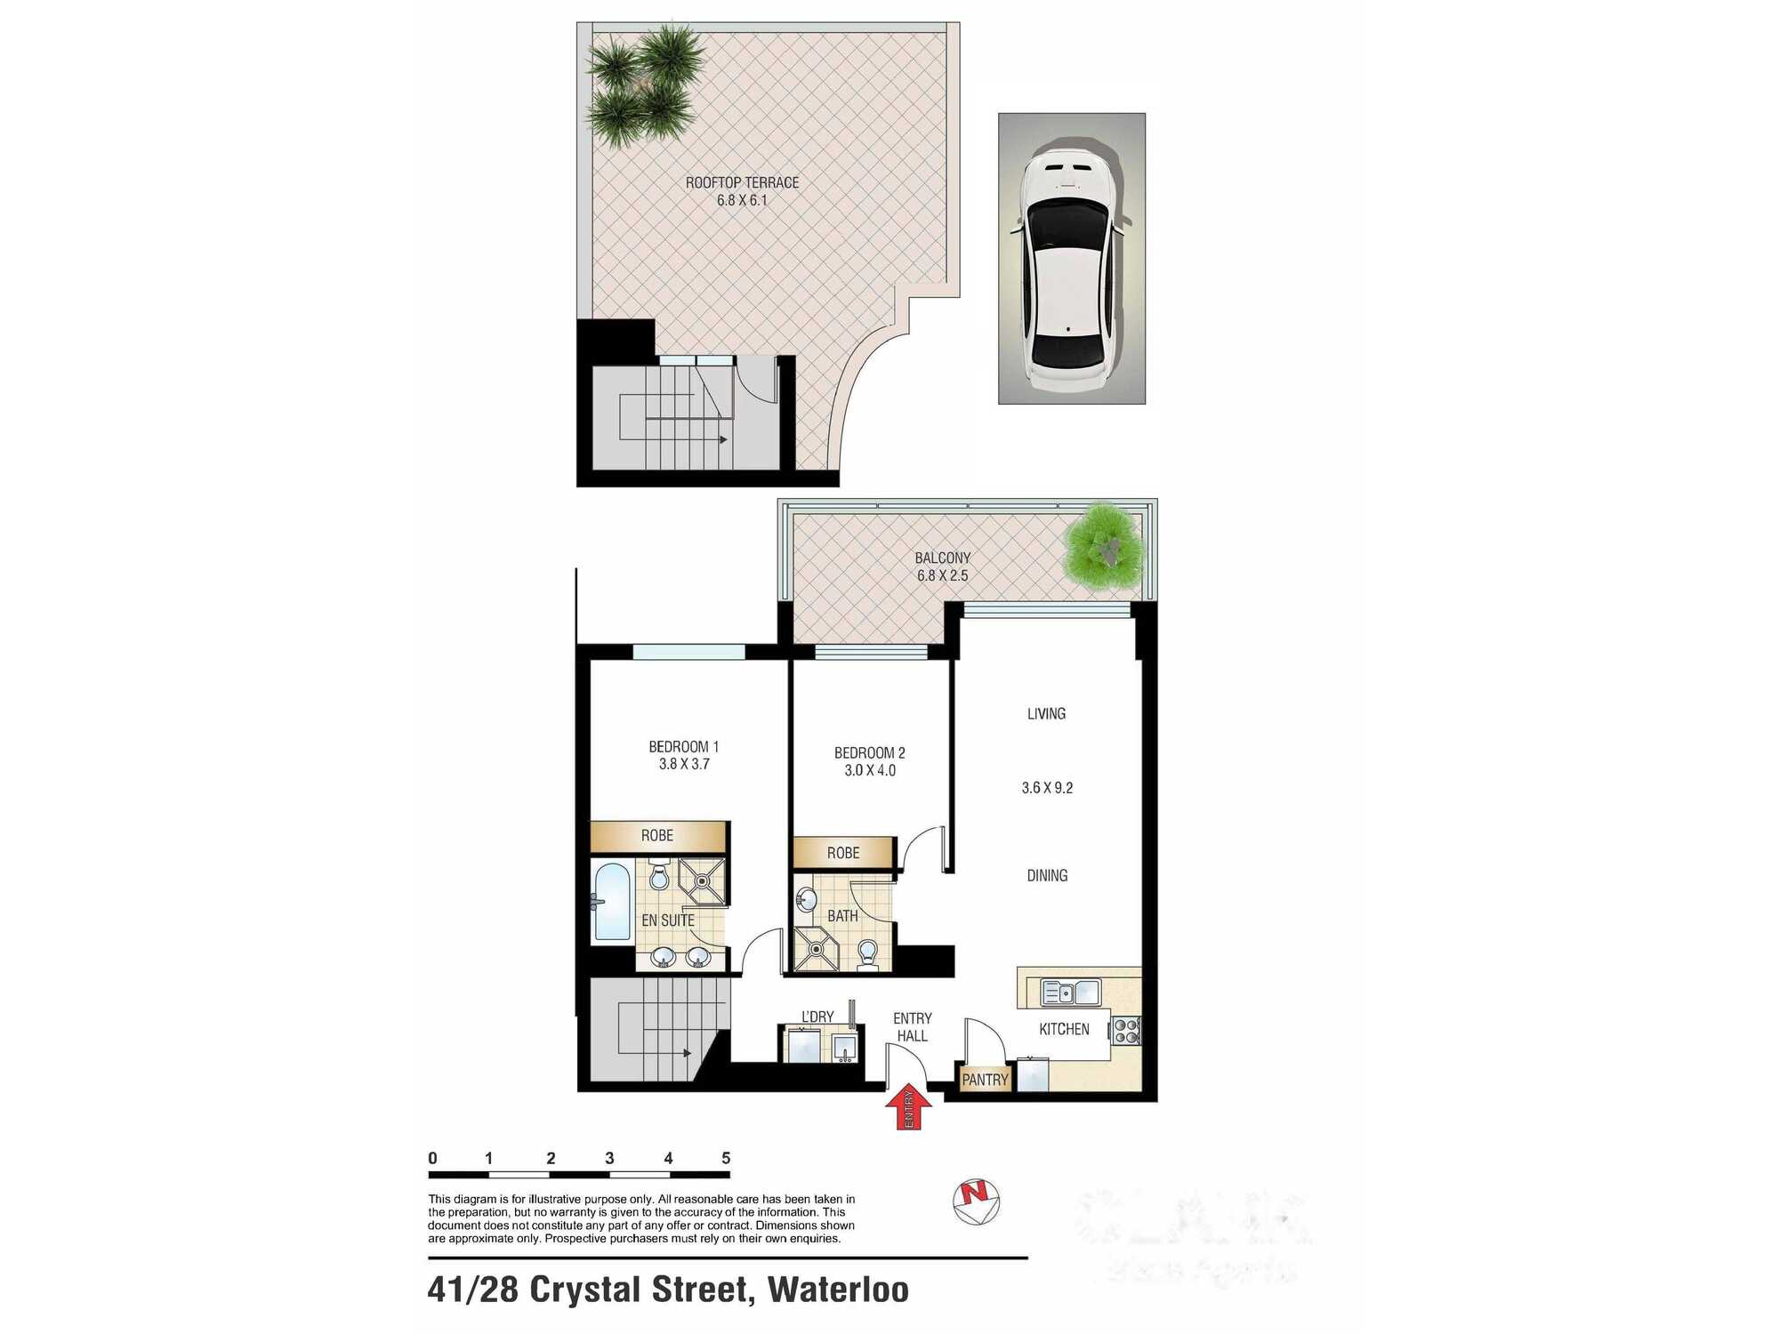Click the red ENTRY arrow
[x=908, y=1110]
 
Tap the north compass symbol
[x=976, y=1201]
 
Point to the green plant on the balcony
[x=1105, y=547]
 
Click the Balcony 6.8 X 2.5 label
[x=942, y=567]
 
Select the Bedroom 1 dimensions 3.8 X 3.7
[x=683, y=764]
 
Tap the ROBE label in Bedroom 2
[x=842, y=853]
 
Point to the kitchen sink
[x=1071, y=992]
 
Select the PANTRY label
[x=985, y=1080]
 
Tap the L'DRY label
[x=817, y=1017]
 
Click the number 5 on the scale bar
[x=726, y=1158]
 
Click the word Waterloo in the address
[x=838, y=1290]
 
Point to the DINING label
[x=1047, y=875]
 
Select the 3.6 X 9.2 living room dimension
[x=1047, y=788]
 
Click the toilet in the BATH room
[x=867, y=954]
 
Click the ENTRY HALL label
[x=912, y=1027]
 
